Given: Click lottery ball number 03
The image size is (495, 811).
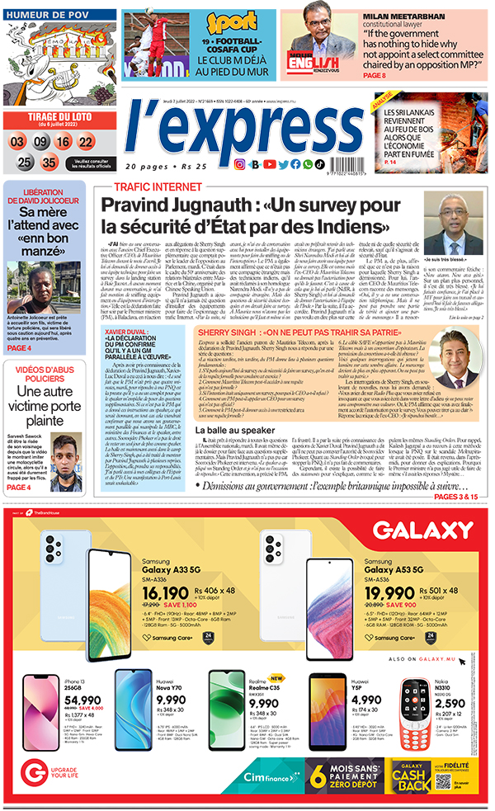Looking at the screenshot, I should pos(16,142).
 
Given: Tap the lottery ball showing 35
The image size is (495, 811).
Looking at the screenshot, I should pos(49,162).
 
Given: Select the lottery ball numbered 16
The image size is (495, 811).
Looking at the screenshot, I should pos(62,142).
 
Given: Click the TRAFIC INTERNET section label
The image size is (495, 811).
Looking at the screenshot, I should pos(147,187).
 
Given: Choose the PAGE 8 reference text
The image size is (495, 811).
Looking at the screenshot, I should pos(375,76).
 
